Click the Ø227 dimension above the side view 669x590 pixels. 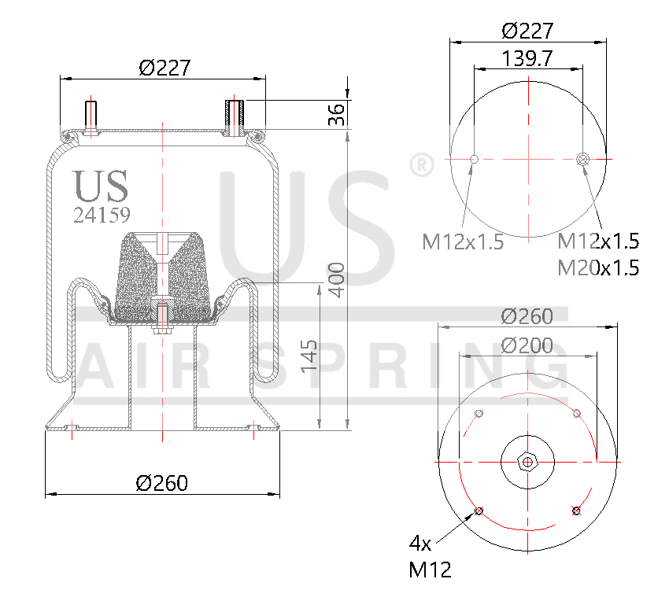click(164, 68)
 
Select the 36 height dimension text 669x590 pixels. click(337, 114)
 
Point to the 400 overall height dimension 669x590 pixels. click(337, 279)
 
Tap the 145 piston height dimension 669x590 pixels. click(309, 356)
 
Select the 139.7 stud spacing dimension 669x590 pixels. click(527, 58)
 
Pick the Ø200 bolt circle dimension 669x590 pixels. click(527, 345)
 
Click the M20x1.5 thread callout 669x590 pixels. click(598, 267)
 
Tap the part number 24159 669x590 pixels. click(102, 215)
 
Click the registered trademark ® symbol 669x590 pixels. click(422, 165)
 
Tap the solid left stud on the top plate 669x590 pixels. click(91, 116)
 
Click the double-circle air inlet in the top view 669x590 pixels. click(582, 160)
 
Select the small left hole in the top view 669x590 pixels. click(474, 160)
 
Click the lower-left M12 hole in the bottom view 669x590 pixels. click(479, 512)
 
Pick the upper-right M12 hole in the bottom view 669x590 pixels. click(577, 414)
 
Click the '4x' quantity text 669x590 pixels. click(420, 543)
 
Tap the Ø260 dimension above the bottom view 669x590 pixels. click(527, 316)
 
